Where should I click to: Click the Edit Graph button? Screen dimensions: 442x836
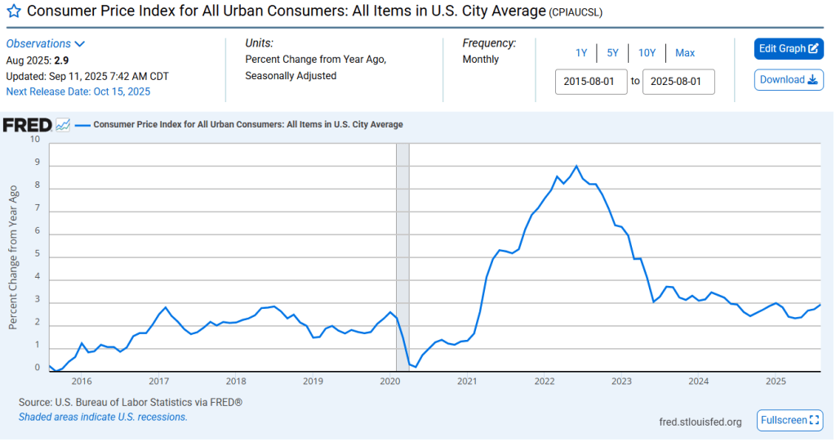click(789, 48)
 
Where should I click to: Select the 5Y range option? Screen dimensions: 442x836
click(612, 53)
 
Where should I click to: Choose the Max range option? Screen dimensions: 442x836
click(685, 53)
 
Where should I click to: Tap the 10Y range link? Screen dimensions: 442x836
click(647, 53)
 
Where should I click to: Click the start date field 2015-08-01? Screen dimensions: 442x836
click(591, 82)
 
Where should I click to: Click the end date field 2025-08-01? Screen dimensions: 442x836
click(678, 82)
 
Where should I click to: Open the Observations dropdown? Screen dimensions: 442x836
click(46, 43)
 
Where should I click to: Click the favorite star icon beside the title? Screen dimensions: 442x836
click(14, 12)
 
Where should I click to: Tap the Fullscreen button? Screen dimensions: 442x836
click(789, 420)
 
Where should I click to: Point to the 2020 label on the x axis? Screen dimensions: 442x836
click(389, 382)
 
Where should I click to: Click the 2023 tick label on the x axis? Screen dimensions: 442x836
click(621, 382)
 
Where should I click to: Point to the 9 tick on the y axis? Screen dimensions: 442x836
click(36, 162)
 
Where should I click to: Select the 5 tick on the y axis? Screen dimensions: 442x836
click(36, 253)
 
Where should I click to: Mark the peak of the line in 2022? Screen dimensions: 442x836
click(576, 166)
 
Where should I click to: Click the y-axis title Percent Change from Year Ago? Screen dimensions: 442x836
click(13, 257)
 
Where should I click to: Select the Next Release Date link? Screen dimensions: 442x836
click(78, 92)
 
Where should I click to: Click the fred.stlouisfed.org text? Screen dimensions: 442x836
click(700, 422)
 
